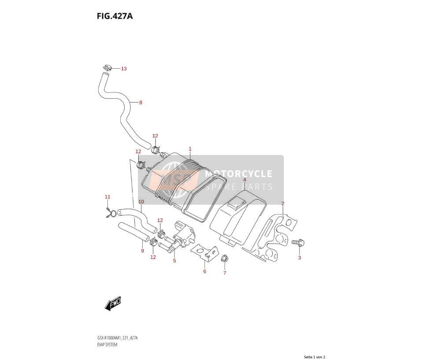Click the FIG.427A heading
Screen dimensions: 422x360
point(115,16)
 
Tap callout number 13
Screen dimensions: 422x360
point(123,69)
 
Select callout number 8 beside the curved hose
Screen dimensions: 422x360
point(141,103)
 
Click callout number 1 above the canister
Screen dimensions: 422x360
point(190,149)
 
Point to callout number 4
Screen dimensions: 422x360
point(244,180)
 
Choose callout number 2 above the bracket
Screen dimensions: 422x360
point(283,203)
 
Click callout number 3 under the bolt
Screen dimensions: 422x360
point(299,257)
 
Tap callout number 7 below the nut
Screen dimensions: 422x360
point(225,273)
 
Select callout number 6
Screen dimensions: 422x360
point(204,271)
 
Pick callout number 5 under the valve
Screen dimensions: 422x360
point(174,261)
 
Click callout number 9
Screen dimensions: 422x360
point(142,251)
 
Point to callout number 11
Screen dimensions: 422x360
point(107,197)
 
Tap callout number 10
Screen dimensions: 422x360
point(141,202)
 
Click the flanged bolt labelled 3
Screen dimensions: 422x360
point(298,242)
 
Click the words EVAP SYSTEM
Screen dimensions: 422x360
point(107,345)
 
